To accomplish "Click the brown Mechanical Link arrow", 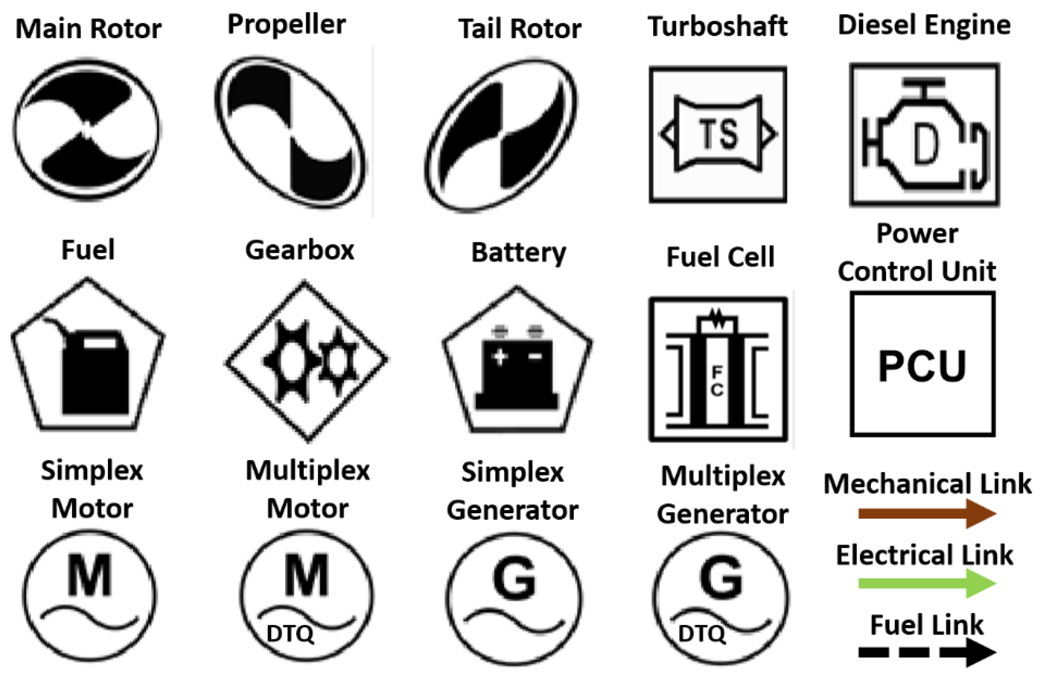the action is pyautogui.click(x=927, y=514).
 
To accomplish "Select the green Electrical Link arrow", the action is pyautogui.click(x=927, y=583).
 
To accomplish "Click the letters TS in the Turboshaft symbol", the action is pyautogui.click(x=719, y=134).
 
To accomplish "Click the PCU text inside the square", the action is pyautogui.click(x=923, y=366).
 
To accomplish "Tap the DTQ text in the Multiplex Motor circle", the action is pyautogui.click(x=290, y=634).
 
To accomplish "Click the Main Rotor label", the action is pyautogui.click(x=89, y=29).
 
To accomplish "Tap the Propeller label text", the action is pyautogui.click(x=287, y=24).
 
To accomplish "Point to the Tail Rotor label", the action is pyautogui.click(x=520, y=29).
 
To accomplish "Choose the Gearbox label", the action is pyautogui.click(x=300, y=250).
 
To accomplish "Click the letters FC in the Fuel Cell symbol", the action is pyautogui.click(x=717, y=381).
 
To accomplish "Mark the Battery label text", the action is pyautogui.click(x=519, y=253).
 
